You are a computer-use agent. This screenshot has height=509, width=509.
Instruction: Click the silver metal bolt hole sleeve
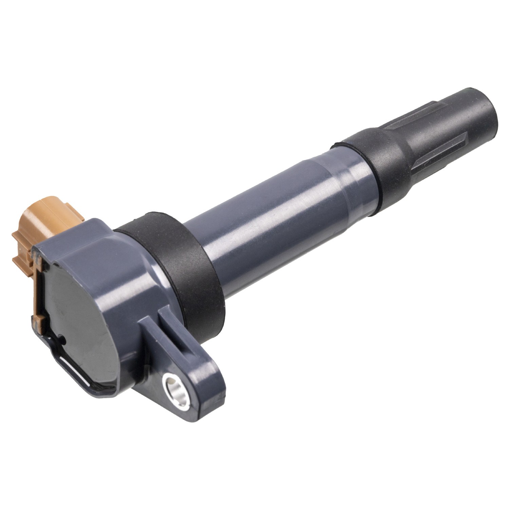click(x=175, y=391)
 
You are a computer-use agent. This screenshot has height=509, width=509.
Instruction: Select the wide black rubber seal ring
click(x=183, y=268)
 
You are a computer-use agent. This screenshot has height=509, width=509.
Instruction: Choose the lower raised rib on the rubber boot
click(x=445, y=149)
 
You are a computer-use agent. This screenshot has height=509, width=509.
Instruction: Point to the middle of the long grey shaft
click(x=271, y=217)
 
